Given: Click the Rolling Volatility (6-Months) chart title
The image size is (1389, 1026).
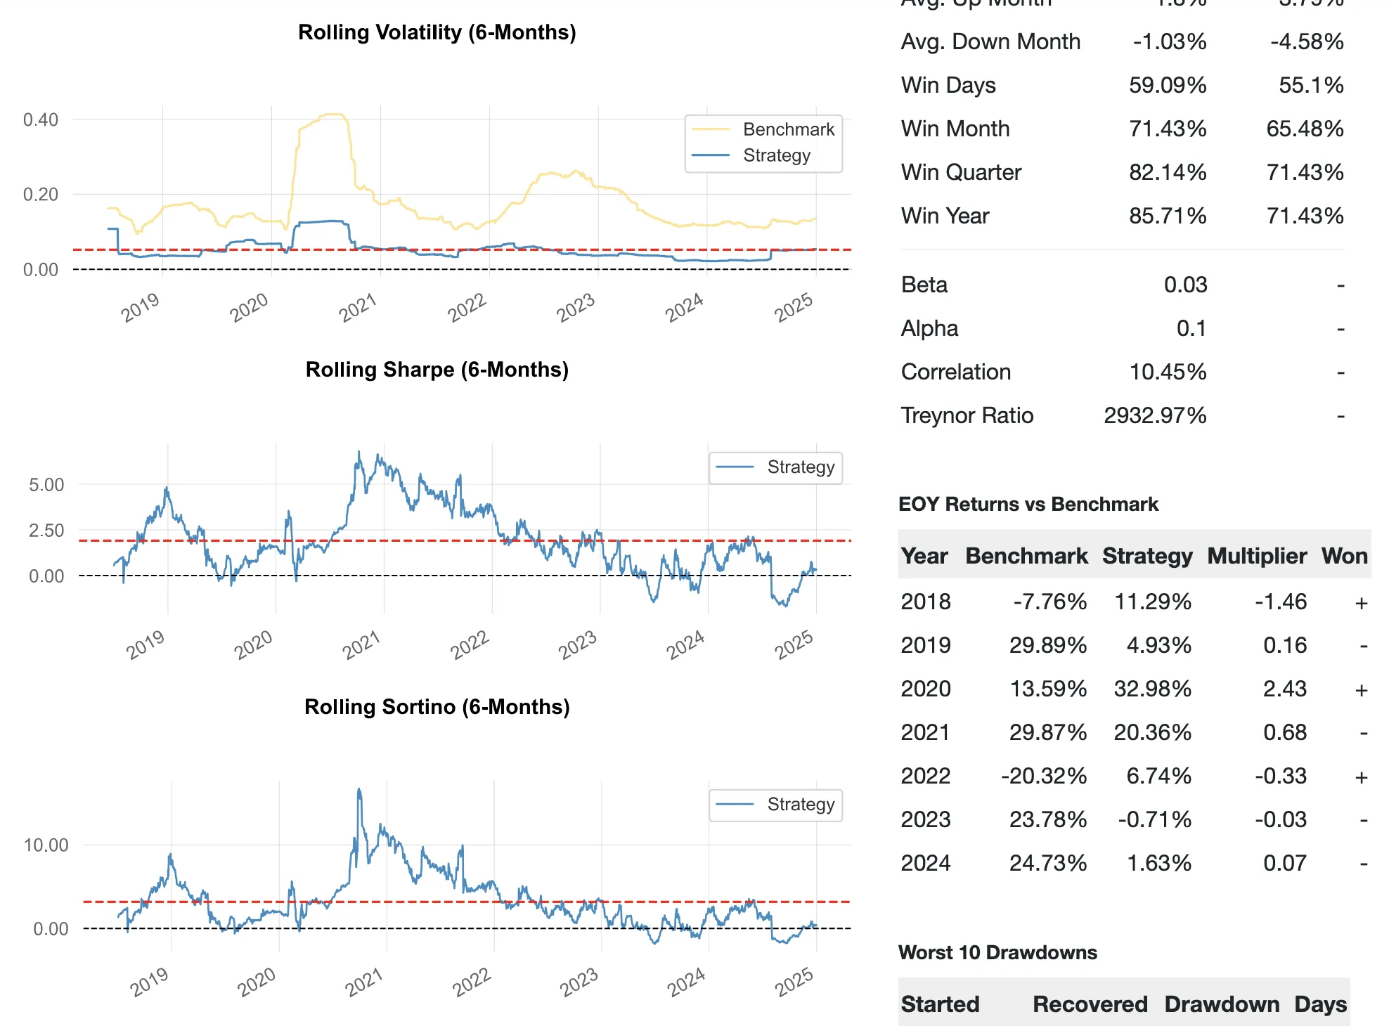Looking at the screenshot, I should point(437,32).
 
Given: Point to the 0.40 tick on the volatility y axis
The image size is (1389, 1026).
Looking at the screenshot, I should point(41,119).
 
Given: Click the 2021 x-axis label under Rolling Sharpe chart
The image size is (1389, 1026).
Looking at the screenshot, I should point(361,644).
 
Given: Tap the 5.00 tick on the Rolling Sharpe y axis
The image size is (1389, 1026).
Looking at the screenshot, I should point(46,485).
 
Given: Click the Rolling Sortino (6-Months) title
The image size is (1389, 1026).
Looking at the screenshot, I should point(437,707).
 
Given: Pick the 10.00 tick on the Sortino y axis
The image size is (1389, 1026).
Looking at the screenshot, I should point(46,845).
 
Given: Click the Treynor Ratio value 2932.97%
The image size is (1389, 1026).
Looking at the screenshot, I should point(1155,415).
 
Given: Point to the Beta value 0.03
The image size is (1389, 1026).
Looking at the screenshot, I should point(1185,285).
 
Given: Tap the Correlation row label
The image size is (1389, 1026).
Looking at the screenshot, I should point(956,372).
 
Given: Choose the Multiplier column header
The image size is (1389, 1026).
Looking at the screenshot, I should point(1257,556).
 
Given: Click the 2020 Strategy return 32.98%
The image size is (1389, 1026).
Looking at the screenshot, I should point(1152,689).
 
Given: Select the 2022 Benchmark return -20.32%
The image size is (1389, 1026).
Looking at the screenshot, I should point(1044,776).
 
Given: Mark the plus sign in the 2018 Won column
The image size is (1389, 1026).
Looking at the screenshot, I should point(1362,603).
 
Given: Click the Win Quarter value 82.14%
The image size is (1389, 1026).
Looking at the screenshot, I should point(1168,172).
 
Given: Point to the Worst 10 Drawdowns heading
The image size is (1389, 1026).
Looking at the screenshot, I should point(997,953).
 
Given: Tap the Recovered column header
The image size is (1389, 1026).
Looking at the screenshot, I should point(1090,1004).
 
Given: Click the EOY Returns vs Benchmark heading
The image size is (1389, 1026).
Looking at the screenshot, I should point(1028,505).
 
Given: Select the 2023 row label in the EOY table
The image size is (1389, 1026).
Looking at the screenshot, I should point(926,819).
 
